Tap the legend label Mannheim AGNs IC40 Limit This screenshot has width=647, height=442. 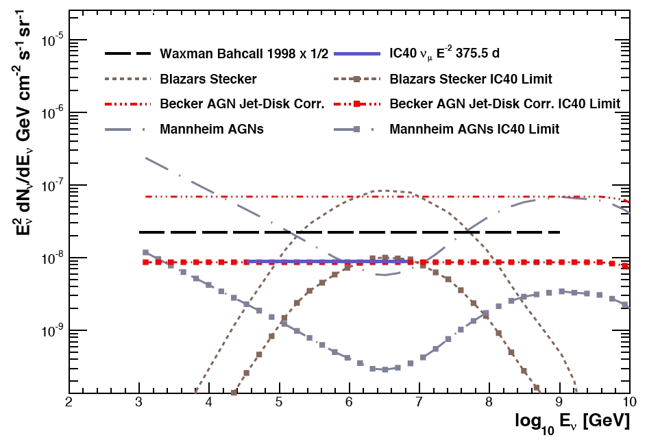coord(474,128)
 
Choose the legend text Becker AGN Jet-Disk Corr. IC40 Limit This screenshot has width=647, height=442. coord(504,103)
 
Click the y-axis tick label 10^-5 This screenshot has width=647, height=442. coord(51,40)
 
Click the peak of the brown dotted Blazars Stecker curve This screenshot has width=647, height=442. coord(384,190)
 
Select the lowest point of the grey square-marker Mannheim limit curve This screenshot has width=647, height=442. coord(385,369)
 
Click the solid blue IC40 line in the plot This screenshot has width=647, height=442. coord(329,261)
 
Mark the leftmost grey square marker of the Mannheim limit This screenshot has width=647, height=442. coord(145,252)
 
